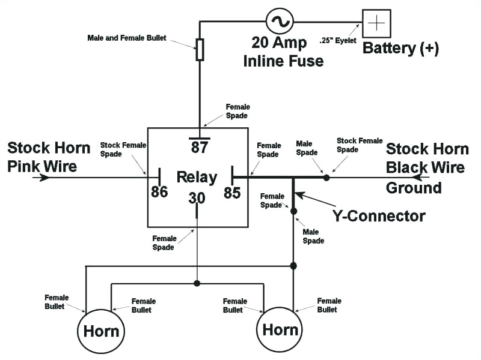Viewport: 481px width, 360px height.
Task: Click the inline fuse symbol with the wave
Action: tap(280, 22)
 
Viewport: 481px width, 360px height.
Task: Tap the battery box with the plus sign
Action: tap(376, 23)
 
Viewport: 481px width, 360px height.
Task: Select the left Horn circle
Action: tap(100, 331)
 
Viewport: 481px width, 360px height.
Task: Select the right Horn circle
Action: tap(280, 329)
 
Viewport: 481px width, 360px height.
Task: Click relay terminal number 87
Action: tap(199, 147)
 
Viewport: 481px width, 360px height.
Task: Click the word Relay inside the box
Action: tap(197, 177)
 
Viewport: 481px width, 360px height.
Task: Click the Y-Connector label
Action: tap(379, 215)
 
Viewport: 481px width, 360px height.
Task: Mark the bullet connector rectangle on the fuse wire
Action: tap(200, 50)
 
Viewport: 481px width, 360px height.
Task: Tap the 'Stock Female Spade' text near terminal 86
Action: tap(119, 149)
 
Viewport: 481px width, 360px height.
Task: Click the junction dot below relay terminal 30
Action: tap(197, 283)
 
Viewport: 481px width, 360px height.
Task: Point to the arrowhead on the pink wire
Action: tap(44, 178)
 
